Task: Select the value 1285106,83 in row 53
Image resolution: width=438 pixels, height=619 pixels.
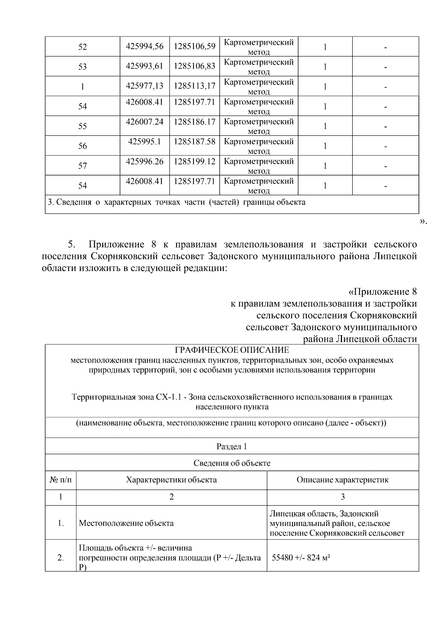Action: point(194,66)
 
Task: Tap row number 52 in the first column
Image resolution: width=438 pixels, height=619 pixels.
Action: point(82,47)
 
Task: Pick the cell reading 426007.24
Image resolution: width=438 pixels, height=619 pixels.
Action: point(145,122)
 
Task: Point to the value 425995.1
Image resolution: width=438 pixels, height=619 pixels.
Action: point(145,142)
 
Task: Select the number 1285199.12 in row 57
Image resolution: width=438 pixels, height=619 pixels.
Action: point(194,161)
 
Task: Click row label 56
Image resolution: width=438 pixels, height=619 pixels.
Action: point(82,146)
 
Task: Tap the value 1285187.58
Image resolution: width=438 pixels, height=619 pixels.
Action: point(194,142)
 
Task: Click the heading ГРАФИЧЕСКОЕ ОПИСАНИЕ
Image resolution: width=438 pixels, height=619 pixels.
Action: point(232,350)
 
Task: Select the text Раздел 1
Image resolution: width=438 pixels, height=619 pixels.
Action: point(232,446)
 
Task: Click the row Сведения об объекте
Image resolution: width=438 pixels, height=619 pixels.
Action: point(232,463)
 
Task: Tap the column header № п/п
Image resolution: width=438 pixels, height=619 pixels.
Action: point(61,480)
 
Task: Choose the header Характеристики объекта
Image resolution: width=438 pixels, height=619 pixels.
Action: point(171,480)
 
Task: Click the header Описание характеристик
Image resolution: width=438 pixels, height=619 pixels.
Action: point(342,480)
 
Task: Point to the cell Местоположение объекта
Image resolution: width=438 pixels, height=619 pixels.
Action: point(126,523)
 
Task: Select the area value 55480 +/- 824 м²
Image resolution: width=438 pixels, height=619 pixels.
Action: point(301,558)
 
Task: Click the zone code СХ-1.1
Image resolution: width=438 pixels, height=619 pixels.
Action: point(168,397)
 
